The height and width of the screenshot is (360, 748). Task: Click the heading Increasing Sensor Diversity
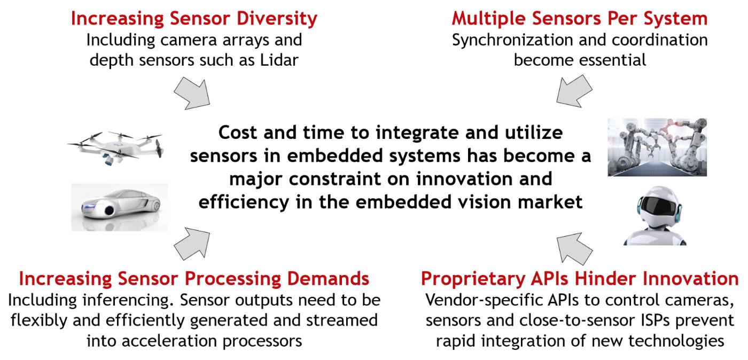194,18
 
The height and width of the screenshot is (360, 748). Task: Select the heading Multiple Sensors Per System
580,18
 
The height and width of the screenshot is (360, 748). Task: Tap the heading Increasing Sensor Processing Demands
194,278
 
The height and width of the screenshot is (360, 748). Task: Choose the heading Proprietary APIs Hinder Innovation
580,278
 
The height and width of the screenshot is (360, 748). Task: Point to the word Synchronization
512,41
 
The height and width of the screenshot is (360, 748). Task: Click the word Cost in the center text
238,132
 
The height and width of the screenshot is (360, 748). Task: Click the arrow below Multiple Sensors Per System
574,91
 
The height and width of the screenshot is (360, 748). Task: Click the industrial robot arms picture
657,147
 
